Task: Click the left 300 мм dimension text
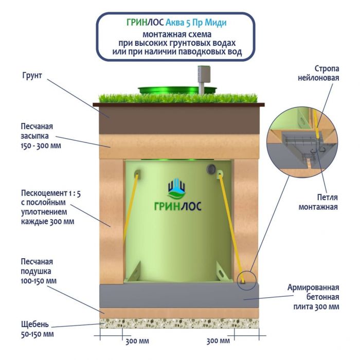click(137, 341)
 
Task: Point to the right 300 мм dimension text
click(218, 341)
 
